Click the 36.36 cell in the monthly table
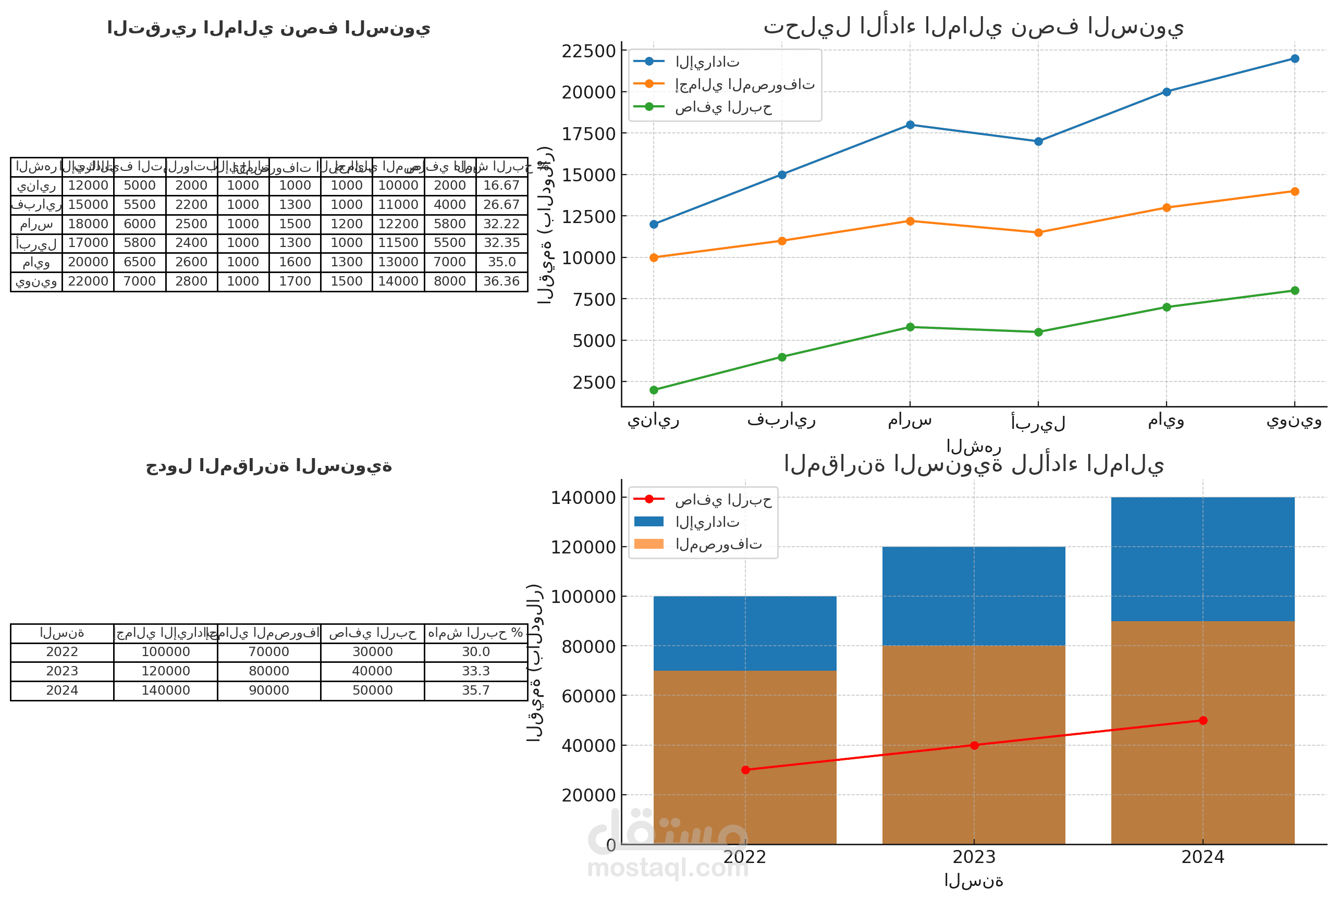point(501,281)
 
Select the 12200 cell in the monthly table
point(398,224)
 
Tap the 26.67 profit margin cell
point(501,204)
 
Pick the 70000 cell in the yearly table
point(268,651)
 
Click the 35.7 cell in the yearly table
point(476,690)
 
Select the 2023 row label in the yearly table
point(62,671)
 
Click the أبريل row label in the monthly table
point(36,243)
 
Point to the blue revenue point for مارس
point(910,125)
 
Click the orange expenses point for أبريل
point(1038,233)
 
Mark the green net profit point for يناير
point(654,390)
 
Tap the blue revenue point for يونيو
point(1295,58)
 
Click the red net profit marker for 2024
point(1203,720)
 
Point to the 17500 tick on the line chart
point(588,134)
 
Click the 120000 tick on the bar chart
point(583,548)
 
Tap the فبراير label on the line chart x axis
point(781,420)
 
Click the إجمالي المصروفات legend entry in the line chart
point(744,84)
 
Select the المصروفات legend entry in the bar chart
point(718,544)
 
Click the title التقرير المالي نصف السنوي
point(268,28)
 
